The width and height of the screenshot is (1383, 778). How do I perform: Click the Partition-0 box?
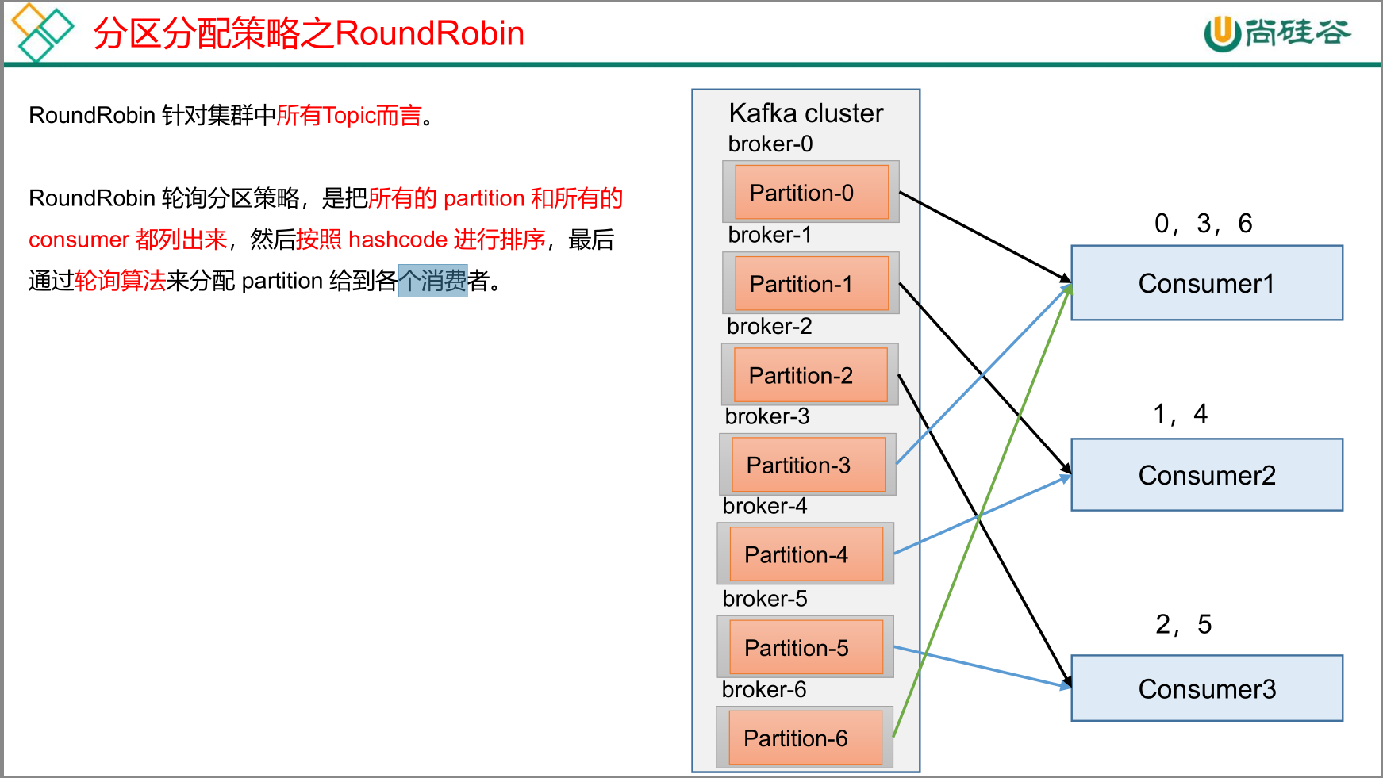[811, 192]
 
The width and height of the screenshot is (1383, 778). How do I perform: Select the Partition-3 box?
[808, 465]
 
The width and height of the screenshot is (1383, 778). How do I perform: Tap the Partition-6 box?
[805, 738]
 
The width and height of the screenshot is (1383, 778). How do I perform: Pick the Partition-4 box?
[805, 554]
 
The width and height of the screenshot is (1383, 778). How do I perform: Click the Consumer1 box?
[1206, 283]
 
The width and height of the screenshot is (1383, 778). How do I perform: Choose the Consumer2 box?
[1206, 475]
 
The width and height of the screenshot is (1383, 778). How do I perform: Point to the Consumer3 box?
[1206, 688]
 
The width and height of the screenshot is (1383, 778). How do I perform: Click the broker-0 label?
[770, 144]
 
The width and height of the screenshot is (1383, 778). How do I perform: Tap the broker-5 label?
[765, 598]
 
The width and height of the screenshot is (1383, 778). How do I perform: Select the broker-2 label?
[770, 326]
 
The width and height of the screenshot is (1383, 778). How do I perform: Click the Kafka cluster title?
[805, 113]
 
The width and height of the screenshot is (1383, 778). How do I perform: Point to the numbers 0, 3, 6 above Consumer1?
[1203, 224]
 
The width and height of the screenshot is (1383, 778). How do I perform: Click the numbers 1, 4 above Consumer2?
[1180, 414]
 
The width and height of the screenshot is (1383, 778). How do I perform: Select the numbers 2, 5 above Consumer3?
[1183, 625]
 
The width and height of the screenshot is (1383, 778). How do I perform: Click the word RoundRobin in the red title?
[429, 33]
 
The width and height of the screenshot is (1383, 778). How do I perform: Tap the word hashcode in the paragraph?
[398, 239]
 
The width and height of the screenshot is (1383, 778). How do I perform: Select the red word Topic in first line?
[349, 116]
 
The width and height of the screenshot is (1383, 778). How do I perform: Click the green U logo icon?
[1222, 33]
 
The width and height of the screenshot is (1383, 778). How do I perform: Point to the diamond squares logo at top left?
[41, 32]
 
